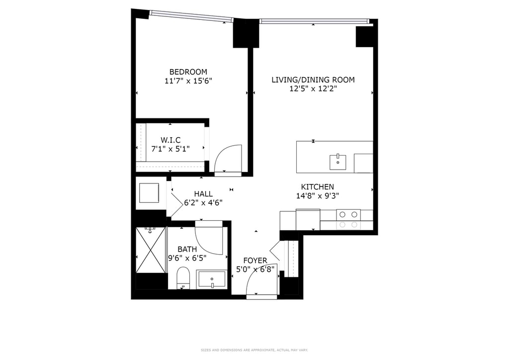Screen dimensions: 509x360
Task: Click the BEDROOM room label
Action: pos(188,72)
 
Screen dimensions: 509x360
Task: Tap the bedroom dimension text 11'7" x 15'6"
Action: pos(188,81)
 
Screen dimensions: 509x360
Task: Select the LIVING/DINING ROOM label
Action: pos(313,80)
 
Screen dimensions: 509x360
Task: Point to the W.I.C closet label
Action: pos(171,140)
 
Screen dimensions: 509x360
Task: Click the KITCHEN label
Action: pos(318,187)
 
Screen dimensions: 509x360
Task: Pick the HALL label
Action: pos(203,194)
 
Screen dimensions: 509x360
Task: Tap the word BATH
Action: pos(187,249)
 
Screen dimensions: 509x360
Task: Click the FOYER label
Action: pos(255,261)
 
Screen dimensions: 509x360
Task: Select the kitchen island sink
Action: pos(338,162)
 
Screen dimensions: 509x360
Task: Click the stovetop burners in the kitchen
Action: pos(348,219)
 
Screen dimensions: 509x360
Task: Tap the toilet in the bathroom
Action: pos(183,278)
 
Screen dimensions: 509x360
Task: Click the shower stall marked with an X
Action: pos(150,250)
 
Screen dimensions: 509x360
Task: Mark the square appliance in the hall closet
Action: pos(149,193)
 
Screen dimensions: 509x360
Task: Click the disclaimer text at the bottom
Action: pos(254,350)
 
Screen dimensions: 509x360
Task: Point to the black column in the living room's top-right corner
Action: pos(365,37)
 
